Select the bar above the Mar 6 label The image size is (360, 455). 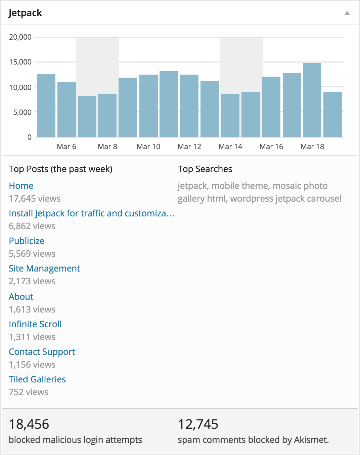tap(66, 110)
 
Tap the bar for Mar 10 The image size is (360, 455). tap(148, 106)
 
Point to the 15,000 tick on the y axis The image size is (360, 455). tap(20, 62)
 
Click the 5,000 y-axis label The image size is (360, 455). tap(22, 112)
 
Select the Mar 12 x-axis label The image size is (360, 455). tap(189, 147)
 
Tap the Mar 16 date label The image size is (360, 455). tap(271, 147)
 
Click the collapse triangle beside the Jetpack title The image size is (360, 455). tap(347, 13)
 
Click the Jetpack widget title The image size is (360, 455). tap(25, 13)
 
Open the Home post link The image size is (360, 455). tap(21, 186)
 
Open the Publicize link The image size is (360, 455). tap(27, 241)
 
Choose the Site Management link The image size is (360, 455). tap(44, 268)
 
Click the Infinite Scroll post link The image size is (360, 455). tap(35, 324)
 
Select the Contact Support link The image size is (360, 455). tap(42, 352)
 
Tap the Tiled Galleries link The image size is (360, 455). tap(37, 379)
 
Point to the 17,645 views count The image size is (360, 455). tap(35, 199)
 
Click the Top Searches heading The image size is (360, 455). tap(205, 169)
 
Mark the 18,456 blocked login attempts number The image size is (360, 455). tap(29, 424)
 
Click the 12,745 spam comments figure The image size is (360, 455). tap(198, 424)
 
